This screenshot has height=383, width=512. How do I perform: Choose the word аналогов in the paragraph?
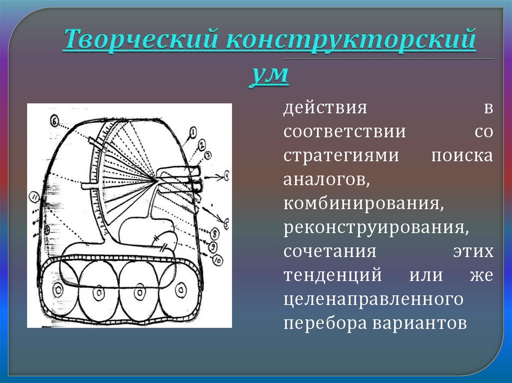coord(327,179)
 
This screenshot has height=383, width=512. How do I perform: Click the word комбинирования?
coord(364,203)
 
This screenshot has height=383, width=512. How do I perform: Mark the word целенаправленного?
coord(372,299)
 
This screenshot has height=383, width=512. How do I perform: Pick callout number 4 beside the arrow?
coord(225,176)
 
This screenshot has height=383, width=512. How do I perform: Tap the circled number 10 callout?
coord(216,259)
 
